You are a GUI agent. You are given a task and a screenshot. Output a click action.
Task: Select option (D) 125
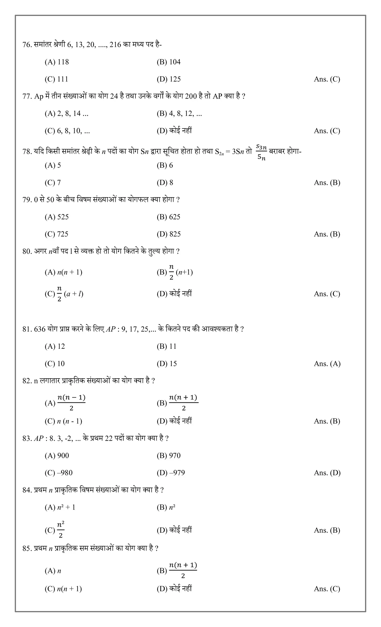(x=169, y=79)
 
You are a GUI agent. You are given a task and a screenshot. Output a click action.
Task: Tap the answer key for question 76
(x=327, y=79)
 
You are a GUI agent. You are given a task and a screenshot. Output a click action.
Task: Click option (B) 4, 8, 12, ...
(x=179, y=113)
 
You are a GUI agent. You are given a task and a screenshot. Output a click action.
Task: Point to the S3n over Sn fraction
(x=261, y=152)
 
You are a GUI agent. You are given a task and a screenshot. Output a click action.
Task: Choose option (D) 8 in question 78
(x=165, y=182)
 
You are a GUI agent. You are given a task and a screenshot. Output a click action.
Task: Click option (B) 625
(x=168, y=217)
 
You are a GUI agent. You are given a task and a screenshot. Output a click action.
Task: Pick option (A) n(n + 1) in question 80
(x=63, y=272)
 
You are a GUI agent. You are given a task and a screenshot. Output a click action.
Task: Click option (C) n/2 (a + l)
(x=64, y=294)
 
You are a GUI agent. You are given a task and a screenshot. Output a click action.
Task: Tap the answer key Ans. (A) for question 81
(x=327, y=364)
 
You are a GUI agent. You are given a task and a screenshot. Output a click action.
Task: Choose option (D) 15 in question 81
(x=167, y=364)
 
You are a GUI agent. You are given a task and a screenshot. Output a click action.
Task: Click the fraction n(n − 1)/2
(x=71, y=402)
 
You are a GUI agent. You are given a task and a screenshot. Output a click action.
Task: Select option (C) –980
(x=58, y=473)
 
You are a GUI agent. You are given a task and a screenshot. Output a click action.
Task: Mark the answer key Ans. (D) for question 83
(x=327, y=473)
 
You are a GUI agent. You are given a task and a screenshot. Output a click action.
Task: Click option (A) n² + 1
(x=60, y=507)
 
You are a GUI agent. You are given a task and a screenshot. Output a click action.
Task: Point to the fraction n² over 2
(x=61, y=529)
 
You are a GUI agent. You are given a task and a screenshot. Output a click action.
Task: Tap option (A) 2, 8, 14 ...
(x=66, y=113)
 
